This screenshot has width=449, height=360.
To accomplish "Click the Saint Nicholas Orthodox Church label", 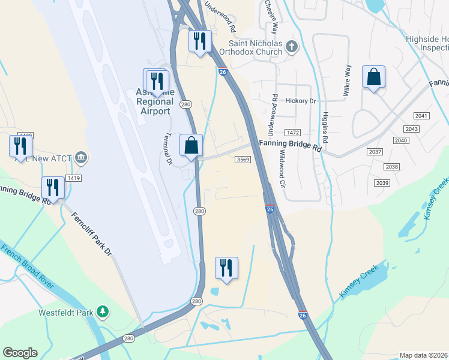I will (x=256, y=47).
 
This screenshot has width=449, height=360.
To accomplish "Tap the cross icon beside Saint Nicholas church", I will (x=292, y=47).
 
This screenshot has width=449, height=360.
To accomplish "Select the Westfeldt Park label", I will (x=66, y=313).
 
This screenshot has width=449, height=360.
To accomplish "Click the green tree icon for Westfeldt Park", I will (x=103, y=311).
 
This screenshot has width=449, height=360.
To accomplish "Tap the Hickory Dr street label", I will (x=300, y=101).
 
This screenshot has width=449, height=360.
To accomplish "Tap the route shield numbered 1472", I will (x=293, y=132).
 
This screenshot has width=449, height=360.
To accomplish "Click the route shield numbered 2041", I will (x=422, y=115).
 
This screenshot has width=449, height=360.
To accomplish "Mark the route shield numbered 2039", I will (x=382, y=182).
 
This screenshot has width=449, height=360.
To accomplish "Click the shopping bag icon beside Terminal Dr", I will (x=191, y=146).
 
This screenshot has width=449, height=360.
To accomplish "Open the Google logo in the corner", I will (x=20, y=353).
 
